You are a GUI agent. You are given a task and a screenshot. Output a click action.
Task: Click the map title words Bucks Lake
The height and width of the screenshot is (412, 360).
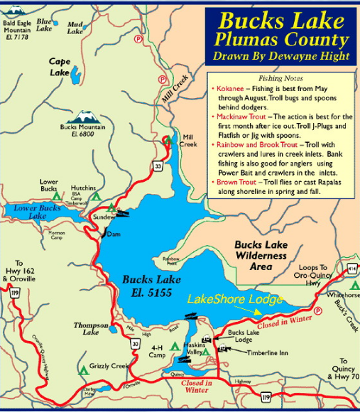click(x=283, y=20)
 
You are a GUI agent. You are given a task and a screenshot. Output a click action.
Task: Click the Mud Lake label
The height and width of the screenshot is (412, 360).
click(x=75, y=27)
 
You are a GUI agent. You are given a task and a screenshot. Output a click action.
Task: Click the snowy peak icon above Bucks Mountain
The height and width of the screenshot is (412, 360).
click(x=84, y=116)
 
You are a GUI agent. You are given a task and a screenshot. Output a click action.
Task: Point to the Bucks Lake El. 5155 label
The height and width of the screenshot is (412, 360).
click(x=147, y=285)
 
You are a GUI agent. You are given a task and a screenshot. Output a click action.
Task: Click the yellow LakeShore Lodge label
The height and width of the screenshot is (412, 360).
click(x=234, y=299)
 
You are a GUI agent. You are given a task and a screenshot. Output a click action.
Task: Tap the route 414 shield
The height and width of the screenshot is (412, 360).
click(x=351, y=269)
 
